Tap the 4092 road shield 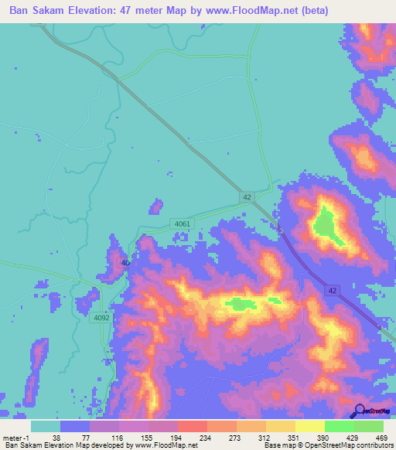pyautogui.click(x=102, y=316)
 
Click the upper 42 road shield pyautogui.click(x=247, y=197)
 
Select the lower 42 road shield pyautogui.click(x=331, y=290)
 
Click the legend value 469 pyautogui.click(x=381, y=437)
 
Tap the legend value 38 pyautogui.click(x=56, y=437)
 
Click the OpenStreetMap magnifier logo pyautogui.click(x=360, y=411)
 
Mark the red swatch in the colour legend pyautogui.click(x=192, y=426)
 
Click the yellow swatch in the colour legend pyautogui.click(x=309, y=426)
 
